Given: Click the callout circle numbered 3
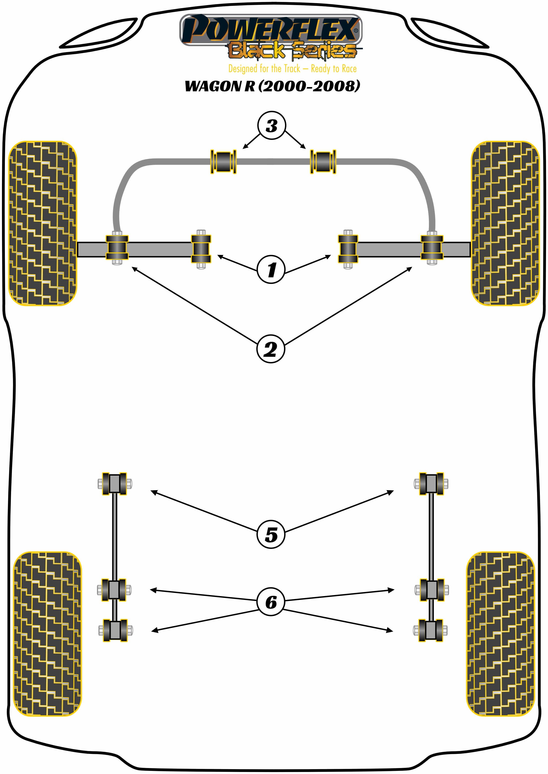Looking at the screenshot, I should coord(271,125).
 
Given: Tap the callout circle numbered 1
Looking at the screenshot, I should coord(271,269).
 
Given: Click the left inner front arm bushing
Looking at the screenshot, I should coord(201,249).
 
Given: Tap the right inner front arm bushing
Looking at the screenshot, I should coord(348,249).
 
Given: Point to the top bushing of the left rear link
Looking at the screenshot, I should coord(114,484).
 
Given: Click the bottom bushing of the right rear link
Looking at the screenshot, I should coord(431,630).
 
